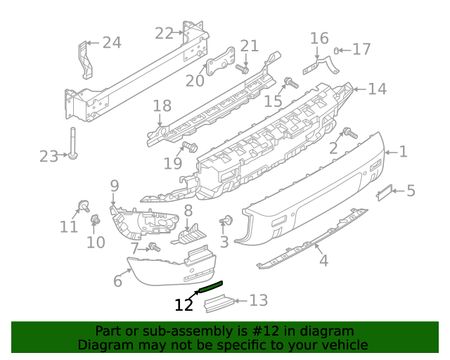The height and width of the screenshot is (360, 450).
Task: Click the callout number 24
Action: pos(112,43)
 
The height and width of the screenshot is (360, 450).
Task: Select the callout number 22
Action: pos(164,33)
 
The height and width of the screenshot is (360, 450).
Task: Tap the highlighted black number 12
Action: pos(184,305)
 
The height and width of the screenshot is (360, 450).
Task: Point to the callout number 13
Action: pos(259,301)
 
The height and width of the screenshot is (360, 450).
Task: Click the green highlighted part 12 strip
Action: pos(211,285)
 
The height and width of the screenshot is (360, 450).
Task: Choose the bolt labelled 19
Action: pos(188,147)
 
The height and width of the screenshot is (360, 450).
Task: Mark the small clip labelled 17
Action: pos(337,50)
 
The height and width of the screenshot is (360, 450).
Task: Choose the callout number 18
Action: pos(162,106)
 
